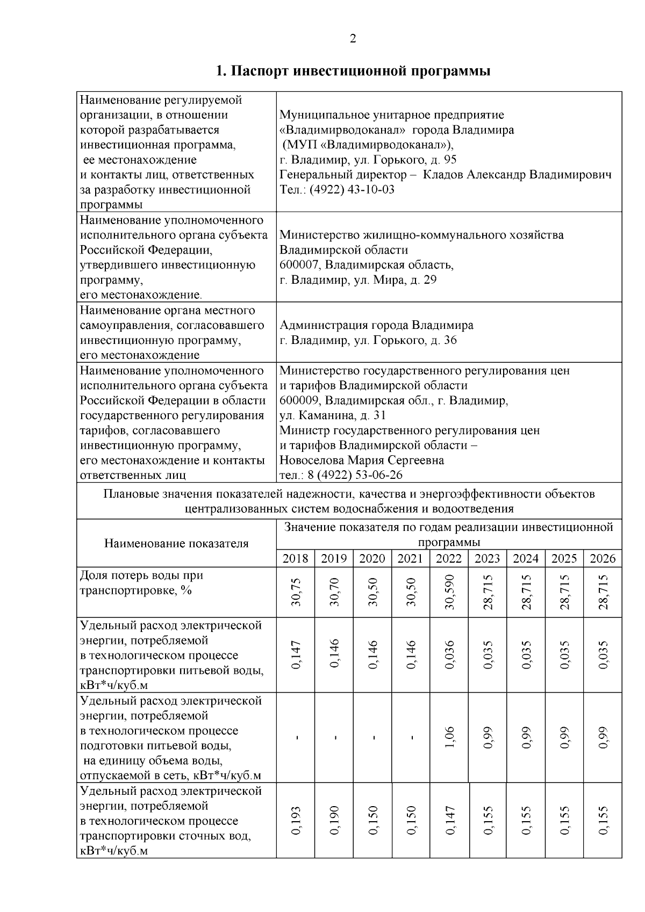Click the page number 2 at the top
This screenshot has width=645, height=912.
[x=353, y=39]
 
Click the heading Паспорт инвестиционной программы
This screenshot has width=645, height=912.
[x=353, y=71]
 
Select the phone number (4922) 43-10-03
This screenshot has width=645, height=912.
[x=352, y=190]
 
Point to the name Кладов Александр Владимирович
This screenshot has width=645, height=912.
[x=517, y=175]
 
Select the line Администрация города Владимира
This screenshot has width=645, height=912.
[x=376, y=325]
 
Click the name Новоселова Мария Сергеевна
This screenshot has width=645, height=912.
[x=361, y=461]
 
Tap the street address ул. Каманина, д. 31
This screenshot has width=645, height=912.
[x=333, y=415]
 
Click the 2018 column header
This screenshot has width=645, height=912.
[x=295, y=558]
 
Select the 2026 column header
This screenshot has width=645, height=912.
[x=603, y=558]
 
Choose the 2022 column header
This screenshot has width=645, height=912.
[x=449, y=558]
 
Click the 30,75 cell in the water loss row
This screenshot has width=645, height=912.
[x=296, y=592]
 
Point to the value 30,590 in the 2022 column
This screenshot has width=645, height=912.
[x=449, y=592]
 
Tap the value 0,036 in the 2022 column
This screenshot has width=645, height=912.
[x=449, y=655]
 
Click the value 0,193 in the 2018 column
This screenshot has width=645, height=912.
[x=296, y=820]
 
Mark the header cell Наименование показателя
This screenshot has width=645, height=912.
[x=176, y=543]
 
